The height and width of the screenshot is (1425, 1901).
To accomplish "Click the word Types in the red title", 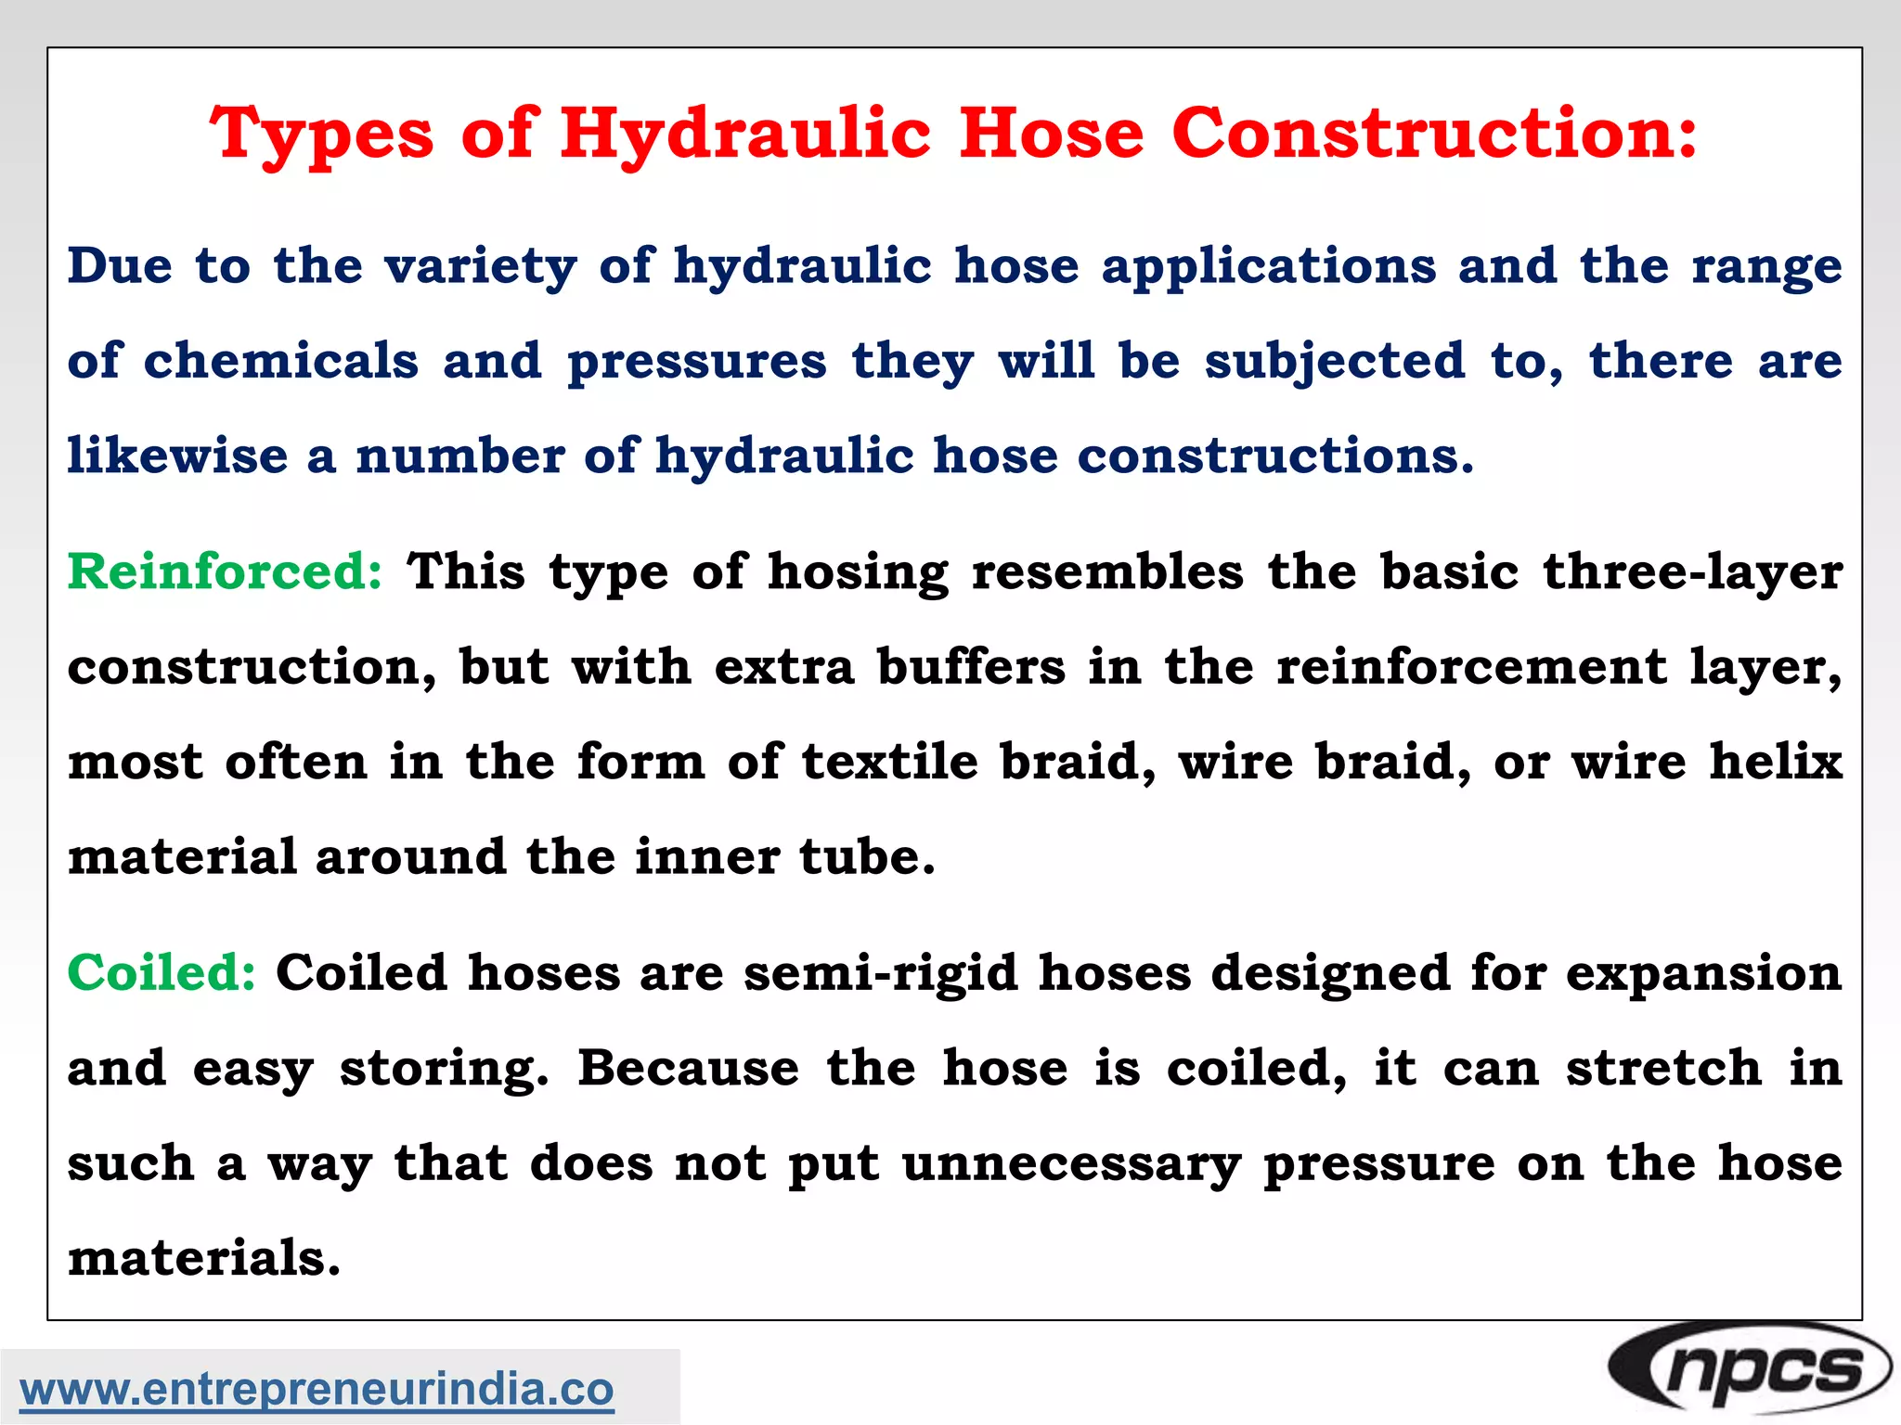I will point(321,135).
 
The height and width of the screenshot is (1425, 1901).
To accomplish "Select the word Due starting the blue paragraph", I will point(120,266).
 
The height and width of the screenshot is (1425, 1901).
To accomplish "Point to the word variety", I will point(480,268).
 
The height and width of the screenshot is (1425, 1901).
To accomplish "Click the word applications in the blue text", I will point(1268,268).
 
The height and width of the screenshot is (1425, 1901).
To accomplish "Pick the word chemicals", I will point(280,361).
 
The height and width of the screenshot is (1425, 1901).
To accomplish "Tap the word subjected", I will point(1335,363).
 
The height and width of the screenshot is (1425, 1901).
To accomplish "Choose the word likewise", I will point(177,456).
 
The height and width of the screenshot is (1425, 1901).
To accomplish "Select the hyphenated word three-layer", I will point(1692,572).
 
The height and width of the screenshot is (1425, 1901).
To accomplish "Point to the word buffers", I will point(971,667).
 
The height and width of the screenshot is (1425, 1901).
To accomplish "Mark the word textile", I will point(889,762).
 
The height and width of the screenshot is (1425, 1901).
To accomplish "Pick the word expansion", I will point(1703,975).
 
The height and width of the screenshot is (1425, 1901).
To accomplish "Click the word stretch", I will point(1663,1069).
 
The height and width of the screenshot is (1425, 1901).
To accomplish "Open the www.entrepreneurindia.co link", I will point(317,1389).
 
